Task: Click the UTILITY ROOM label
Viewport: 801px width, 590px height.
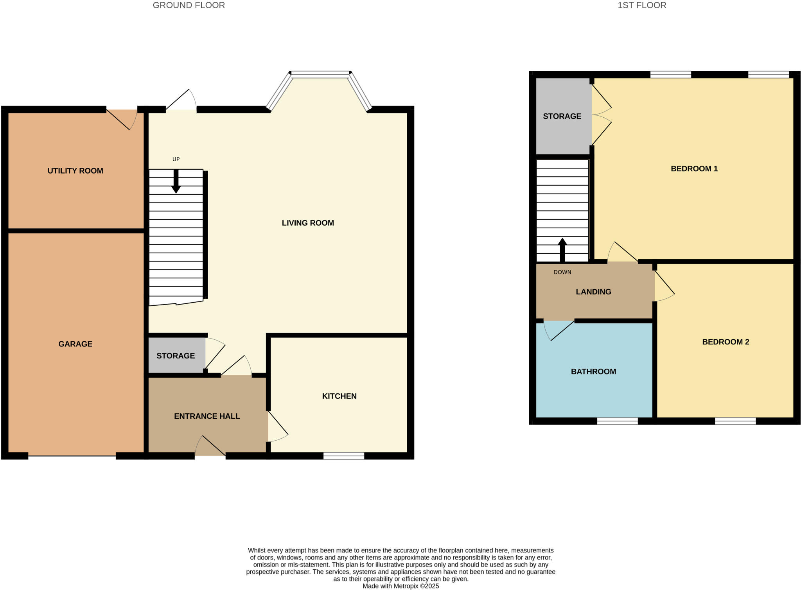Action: [x=75, y=171]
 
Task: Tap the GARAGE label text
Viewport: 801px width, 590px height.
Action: [x=75, y=344]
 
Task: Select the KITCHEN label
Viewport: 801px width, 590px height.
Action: [x=339, y=396]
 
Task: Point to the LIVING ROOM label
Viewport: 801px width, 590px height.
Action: [x=308, y=223]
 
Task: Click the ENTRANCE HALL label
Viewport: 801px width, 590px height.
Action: [x=207, y=416]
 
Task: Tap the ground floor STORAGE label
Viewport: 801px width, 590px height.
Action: [x=176, y=356]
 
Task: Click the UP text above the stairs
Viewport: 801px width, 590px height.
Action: [x=176, y=159]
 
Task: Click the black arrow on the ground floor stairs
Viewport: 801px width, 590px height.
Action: [x=176, y=181]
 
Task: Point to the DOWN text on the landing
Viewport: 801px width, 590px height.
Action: [x=562, y=272]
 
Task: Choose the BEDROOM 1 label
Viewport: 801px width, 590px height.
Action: [x=694, y=169]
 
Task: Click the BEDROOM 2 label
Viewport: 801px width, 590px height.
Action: [x=726, y=342]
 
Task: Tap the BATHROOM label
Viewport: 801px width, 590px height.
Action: [x=593, y=372]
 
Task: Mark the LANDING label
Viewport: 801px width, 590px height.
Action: [x=593, y=292]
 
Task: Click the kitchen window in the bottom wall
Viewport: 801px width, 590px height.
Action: [x=344, y=456]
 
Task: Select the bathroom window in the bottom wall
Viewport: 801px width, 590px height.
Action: [x=617, y=421]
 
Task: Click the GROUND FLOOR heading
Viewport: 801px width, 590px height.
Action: [x=189, y=5]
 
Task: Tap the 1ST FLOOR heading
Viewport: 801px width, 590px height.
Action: [x=642, y=5]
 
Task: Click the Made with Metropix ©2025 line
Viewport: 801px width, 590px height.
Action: [x=400, y=586]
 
